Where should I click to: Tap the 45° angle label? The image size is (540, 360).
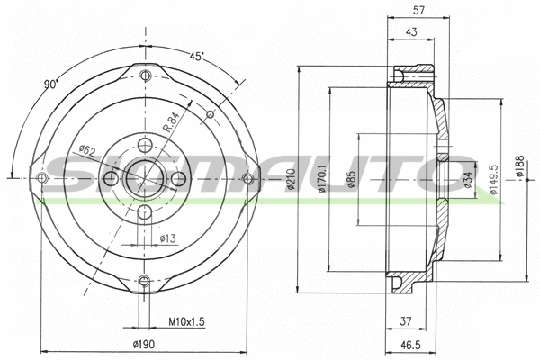coord(196,55)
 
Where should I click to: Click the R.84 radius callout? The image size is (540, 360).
coord(173,118)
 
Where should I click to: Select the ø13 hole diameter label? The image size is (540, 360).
coord(166,238)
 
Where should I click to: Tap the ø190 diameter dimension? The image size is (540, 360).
coord(145,345)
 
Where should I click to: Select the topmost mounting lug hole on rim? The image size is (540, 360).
coord(144,74)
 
